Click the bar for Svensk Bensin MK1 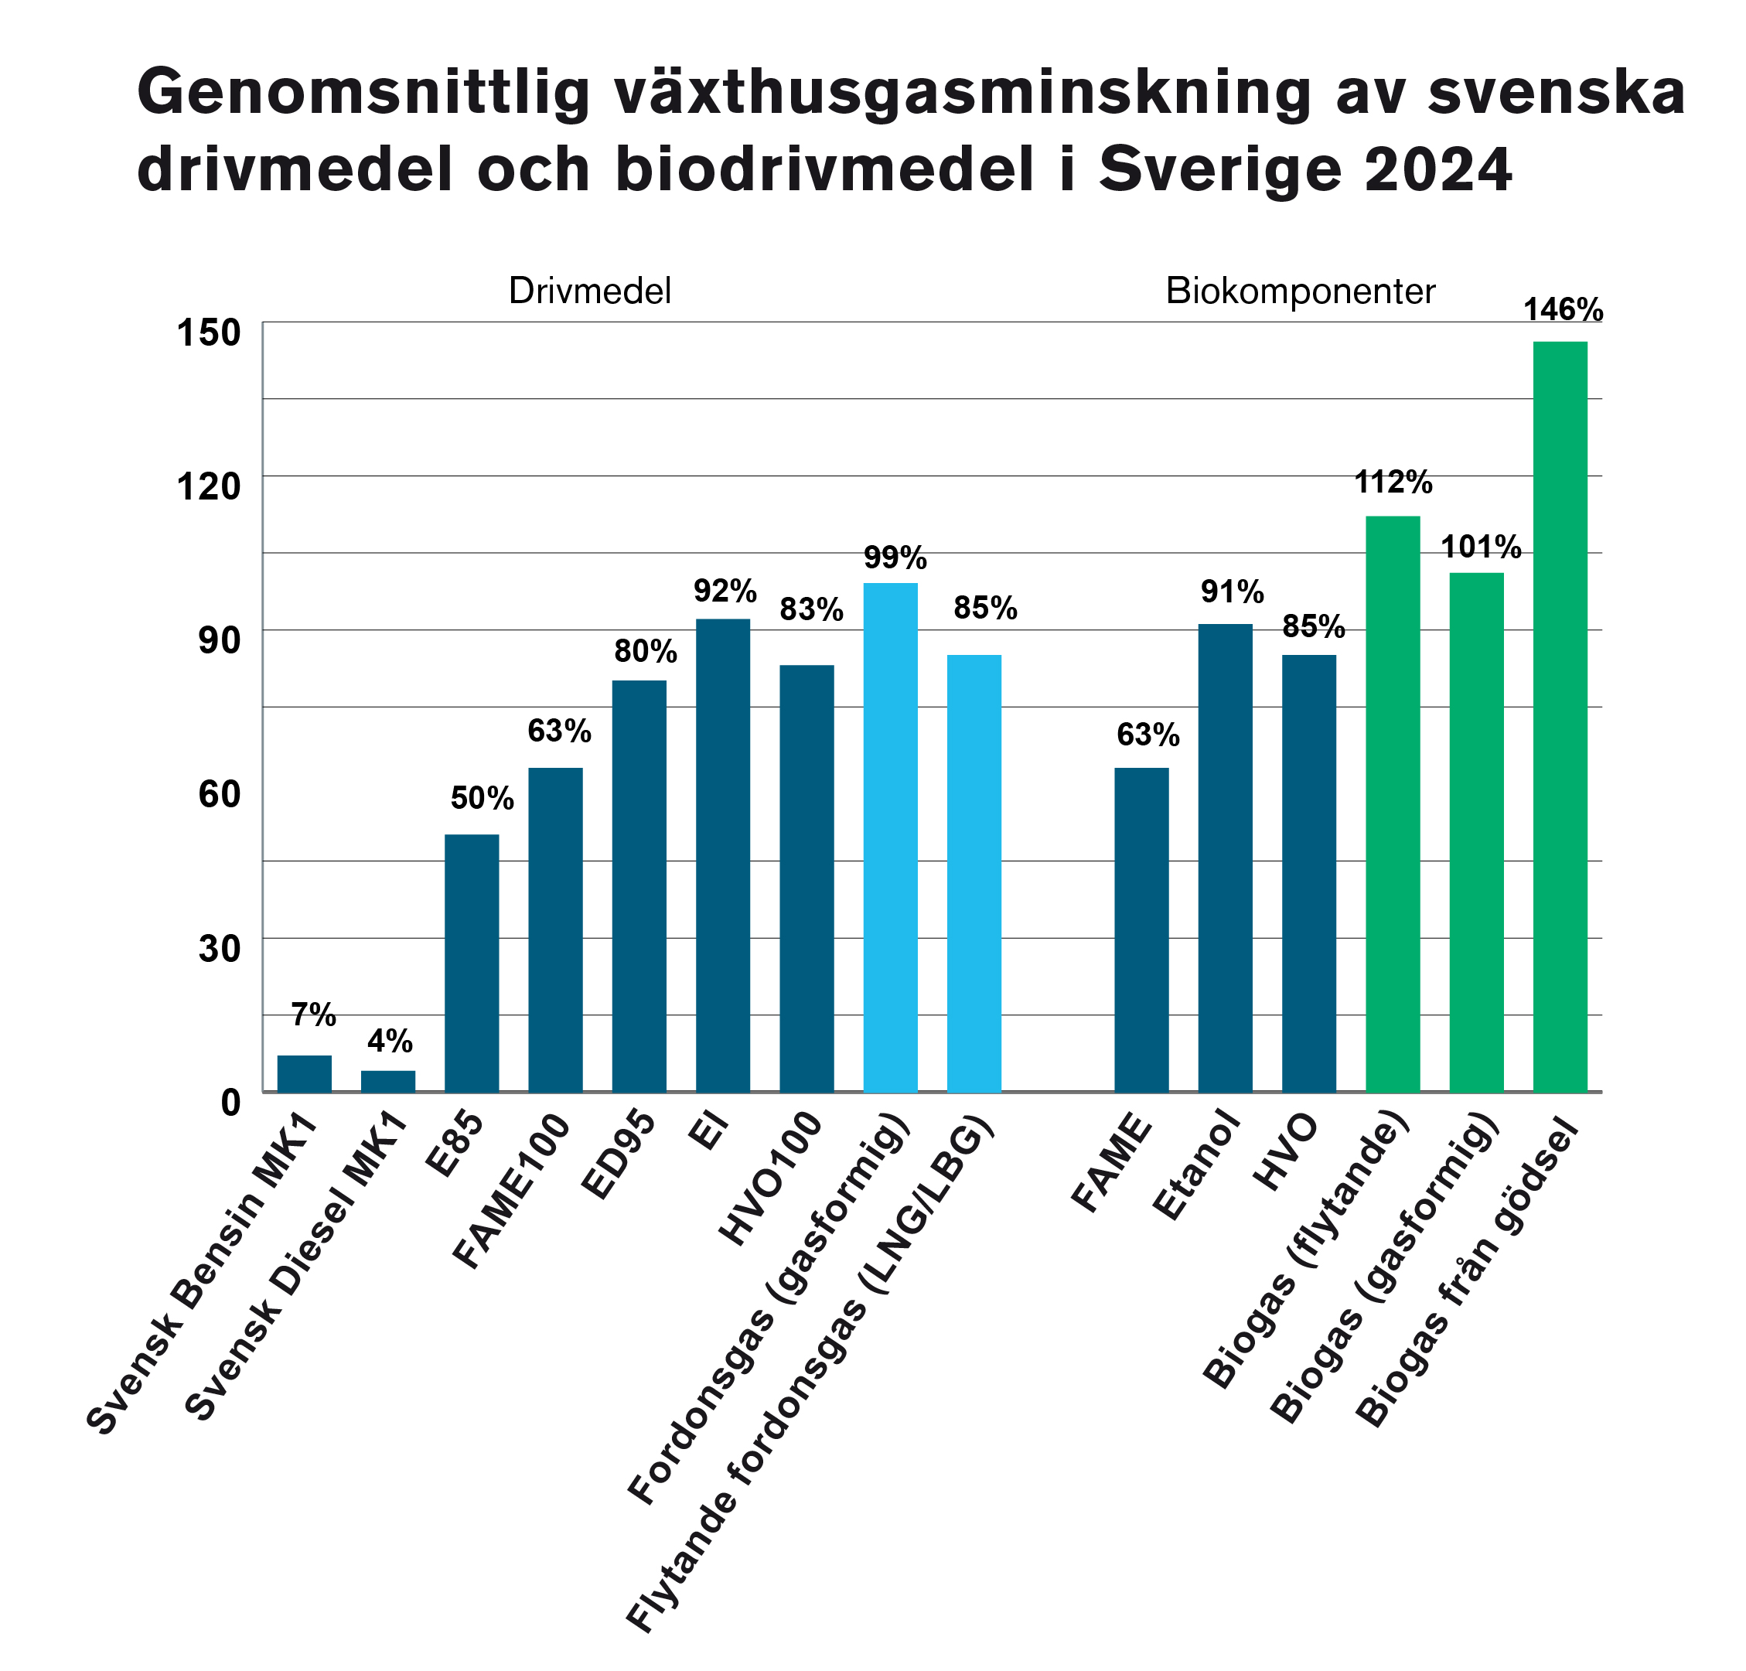coord(305,1073)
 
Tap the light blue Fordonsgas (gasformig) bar coord(890,837)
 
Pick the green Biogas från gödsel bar coord(1560,716)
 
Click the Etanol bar coord(1225,858)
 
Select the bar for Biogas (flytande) coord(1393,803)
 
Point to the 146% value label coord(1564,310)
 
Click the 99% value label coord(895,558)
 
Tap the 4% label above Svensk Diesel coord(389,1040)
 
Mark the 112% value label coord(1393,483)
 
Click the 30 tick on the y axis coord(219,949)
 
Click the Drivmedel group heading coord(590,292)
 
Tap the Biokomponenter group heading coord(1301,292)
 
